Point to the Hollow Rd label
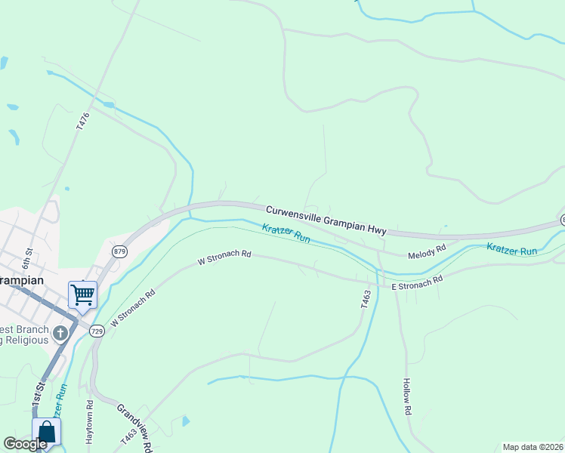406,396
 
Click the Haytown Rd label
89,426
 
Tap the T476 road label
83,122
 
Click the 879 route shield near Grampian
119,251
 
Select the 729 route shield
97,331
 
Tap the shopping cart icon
82,293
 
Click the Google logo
25,444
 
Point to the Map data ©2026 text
532,447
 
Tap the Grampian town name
21,279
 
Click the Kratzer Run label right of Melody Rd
511,248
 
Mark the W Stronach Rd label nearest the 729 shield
133,308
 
